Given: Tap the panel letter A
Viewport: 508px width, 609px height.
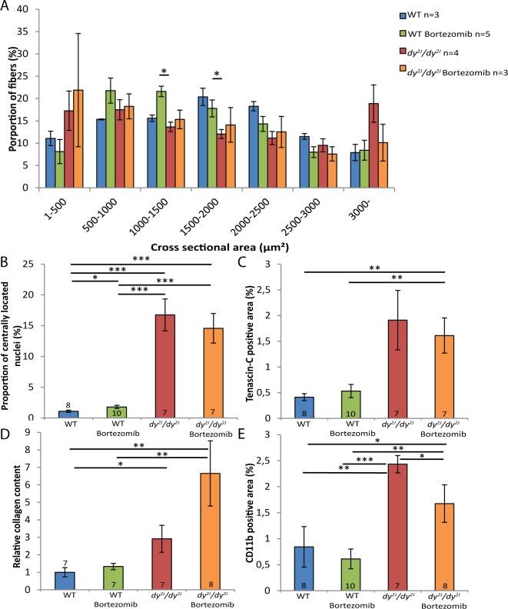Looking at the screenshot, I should tap(7, 6).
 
